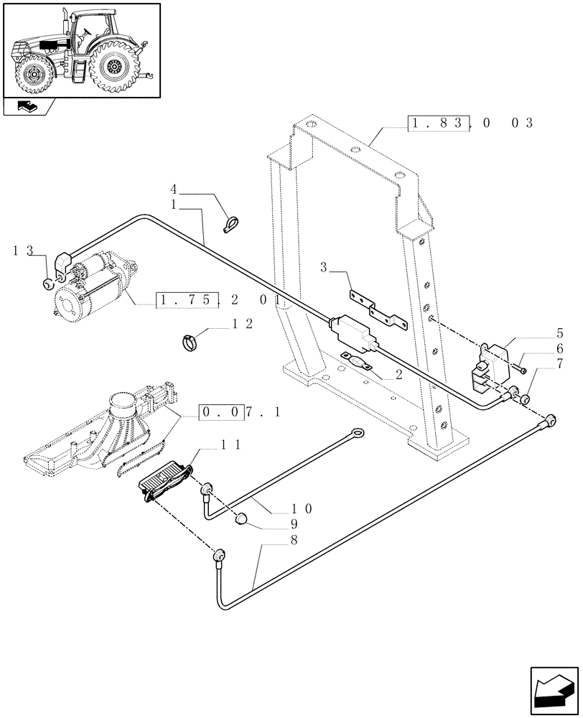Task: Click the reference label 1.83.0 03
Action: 470,123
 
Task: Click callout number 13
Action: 23,251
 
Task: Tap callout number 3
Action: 324,268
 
